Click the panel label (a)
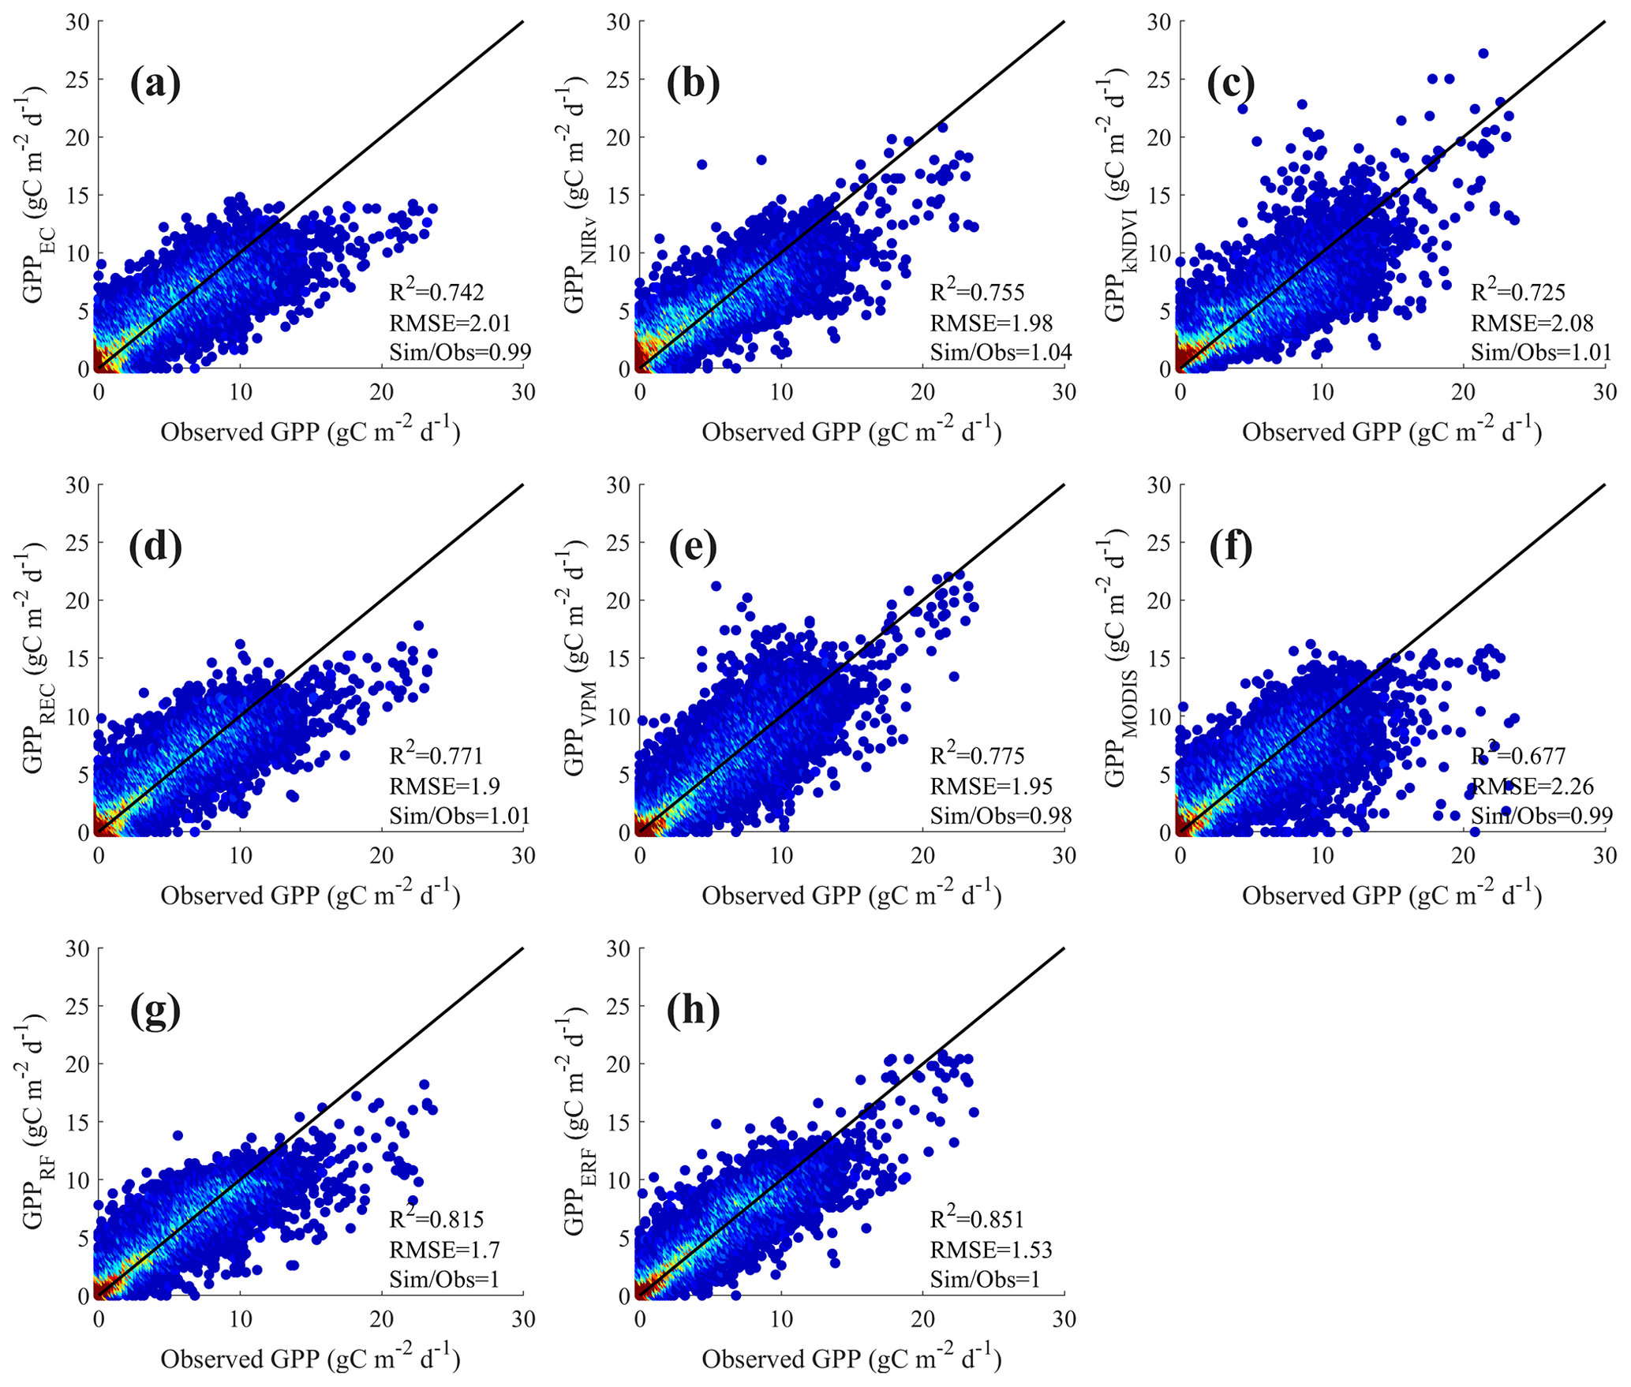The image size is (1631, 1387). coord(155,84)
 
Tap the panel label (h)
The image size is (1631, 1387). coord(694,1011)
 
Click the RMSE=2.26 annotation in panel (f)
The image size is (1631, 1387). coord(1532,787)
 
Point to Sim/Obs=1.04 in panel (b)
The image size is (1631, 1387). coord(1001,352)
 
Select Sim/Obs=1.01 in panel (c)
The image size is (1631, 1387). coord(1541,352)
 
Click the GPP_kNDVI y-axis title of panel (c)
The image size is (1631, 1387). coord(1114,195)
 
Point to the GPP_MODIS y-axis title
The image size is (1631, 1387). coord(1114,659)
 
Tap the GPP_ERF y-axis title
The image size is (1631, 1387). coord(574,1122)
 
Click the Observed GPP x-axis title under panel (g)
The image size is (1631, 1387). coord(310,1358)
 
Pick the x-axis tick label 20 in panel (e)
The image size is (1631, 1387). coord(922,856)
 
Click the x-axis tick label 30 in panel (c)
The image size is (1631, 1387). coord(1605,392)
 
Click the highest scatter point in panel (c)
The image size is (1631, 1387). coord(1483,54)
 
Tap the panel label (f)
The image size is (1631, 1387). coord(1230,548)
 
